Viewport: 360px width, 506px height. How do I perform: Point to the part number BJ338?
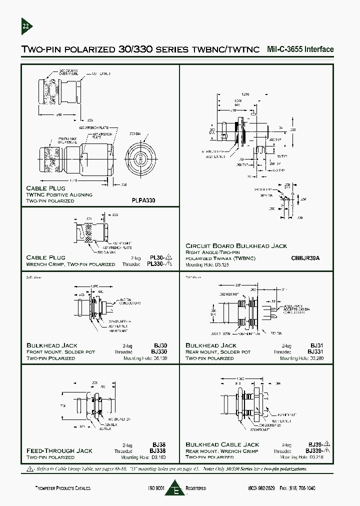(x=159, y=450)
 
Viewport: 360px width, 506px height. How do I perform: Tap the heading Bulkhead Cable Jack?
(x=222, y=444)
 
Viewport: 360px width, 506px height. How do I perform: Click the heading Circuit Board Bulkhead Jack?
(x=236, y=245)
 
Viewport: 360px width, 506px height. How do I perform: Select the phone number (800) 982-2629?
(x=261, y=488)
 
